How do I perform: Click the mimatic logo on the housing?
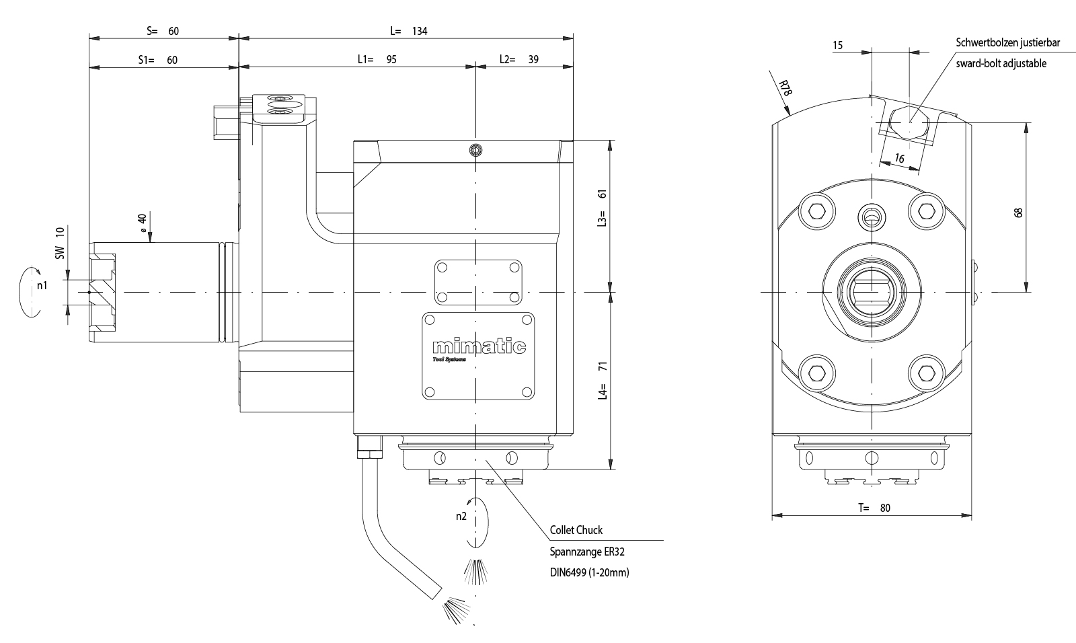click(478, 347)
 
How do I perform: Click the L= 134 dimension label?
click(409, 31)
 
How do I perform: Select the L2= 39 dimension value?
click(518, 59)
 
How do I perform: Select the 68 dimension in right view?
click(1018, 212)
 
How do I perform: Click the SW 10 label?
click(59, 243)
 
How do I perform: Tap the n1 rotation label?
click(42, 286)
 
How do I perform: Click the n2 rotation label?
click(461, 517)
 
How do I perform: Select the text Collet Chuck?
click(576, 530)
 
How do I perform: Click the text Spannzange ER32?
click(582, 552)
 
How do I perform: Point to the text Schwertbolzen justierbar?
click(1008, 42)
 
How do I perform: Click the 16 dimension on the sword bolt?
click(900, 158)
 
